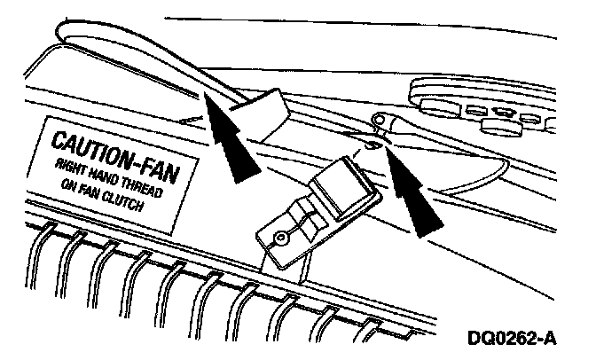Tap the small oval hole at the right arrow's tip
point(372,145)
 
